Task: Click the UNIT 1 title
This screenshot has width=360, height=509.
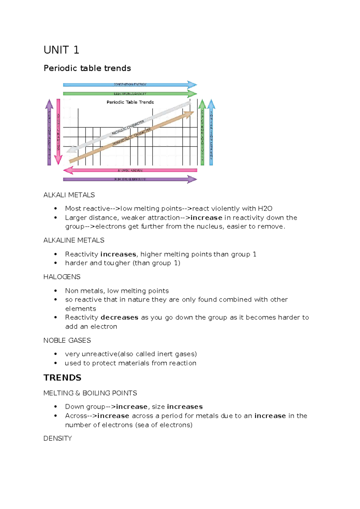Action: click(61, 50)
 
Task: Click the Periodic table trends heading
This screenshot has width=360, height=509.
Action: click(87, 68)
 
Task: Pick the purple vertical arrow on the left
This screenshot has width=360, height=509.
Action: click(49, 132)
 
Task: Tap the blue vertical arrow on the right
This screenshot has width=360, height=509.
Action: click(211, 132)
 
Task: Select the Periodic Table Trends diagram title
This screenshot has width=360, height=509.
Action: click(130, 102)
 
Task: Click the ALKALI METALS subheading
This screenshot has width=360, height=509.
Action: click(69, 195)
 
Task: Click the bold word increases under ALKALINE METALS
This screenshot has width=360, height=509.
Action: click(118, 254)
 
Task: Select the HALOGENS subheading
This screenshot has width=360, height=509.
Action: click(62, 277)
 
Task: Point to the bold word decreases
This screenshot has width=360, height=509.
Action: click(119, 318)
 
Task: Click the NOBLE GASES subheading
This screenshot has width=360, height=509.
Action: click(67, 340)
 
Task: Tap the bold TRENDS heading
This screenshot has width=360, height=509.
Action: click(62, 378)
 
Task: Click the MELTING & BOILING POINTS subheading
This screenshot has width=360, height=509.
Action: click(90, 393)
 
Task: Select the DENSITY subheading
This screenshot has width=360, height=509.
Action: click(58, 438)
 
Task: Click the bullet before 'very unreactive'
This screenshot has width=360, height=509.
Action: click(55, 354)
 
